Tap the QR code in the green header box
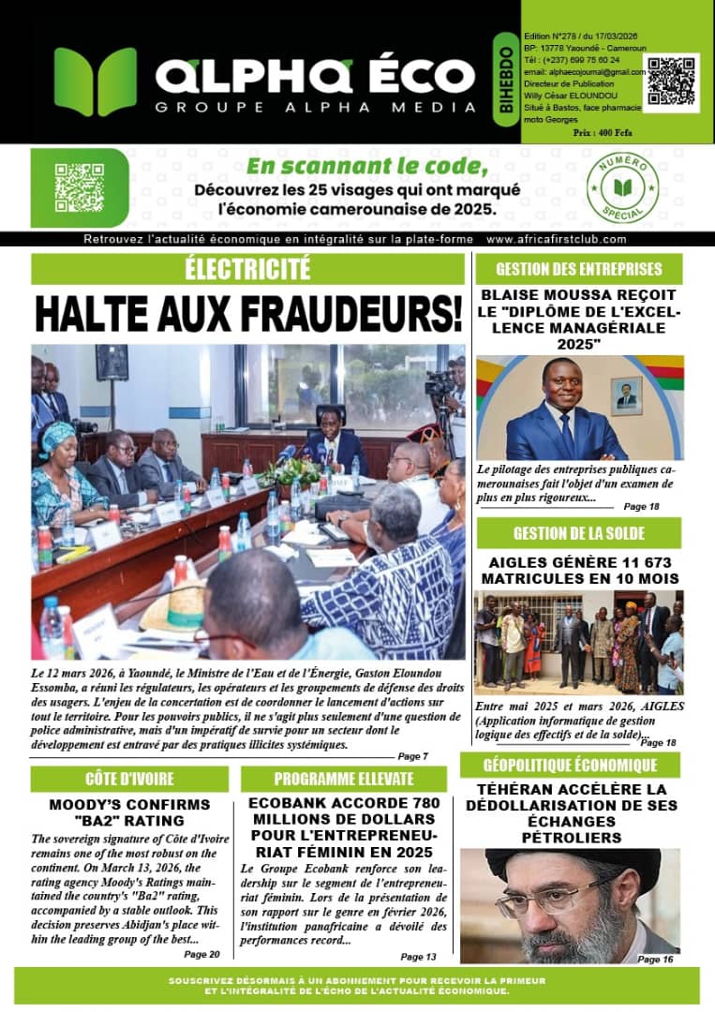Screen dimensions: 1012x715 pos(673,81)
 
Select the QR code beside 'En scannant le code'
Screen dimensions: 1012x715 pos(79,187)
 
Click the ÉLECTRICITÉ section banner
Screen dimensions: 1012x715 pos(248,269)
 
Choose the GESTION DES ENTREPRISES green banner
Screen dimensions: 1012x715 pos(578,269)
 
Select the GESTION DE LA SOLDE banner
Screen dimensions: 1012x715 pos(578,533)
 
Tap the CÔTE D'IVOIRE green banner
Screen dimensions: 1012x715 pos(129,779)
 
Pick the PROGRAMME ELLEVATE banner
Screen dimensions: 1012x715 pos(344,779)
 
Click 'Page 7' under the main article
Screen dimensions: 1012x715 pos(412,756)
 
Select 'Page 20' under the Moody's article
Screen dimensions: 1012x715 pos(201,955)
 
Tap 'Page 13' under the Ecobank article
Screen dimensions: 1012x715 pos(418,957)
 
